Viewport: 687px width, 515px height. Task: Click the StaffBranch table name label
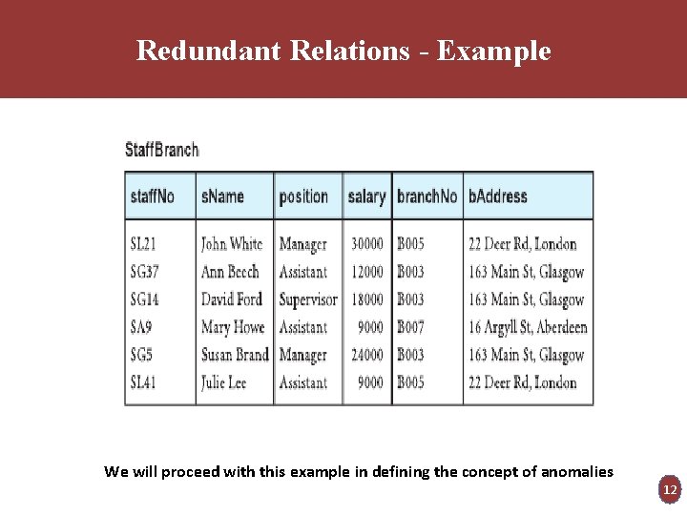(162, 150)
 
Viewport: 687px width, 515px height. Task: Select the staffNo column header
(153, 196)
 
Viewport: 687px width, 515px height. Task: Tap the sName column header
(222, 196)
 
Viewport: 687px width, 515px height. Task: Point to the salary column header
(366, 196)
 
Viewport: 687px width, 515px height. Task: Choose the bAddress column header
(498, 196)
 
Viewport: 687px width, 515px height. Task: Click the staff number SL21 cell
(143, 244)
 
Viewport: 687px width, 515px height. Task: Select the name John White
(232, 244)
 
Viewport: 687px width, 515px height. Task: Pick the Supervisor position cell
(308, 299)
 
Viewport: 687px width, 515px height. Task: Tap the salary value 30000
(367, 244)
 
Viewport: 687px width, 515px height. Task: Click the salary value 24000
(367, 355)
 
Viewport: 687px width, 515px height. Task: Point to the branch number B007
(411, 327)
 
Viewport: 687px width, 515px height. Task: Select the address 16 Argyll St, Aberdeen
(528, 327)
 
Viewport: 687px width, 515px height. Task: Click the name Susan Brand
(235, 355)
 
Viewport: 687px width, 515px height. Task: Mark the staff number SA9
(141, 327)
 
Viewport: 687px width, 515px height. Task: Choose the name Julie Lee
(224, 382)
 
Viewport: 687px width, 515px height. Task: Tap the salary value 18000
(367, 299)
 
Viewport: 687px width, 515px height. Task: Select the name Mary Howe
(233, 327)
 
